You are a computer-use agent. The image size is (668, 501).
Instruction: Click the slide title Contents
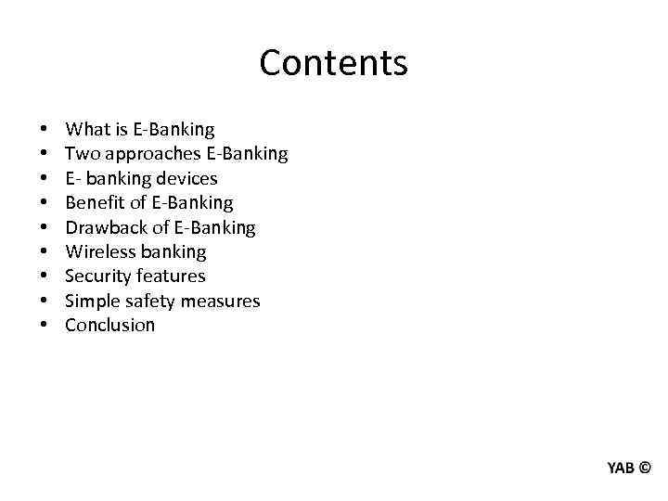333,63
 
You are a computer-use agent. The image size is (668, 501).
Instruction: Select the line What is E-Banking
139,130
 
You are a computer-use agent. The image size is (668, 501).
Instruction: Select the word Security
97,276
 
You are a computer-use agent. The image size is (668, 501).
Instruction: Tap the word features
171,276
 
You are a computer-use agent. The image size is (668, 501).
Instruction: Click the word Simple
91,301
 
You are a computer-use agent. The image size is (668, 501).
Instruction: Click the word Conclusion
109,325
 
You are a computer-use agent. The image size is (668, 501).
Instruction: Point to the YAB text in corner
621,468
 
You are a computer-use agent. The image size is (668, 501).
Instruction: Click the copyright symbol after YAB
645,468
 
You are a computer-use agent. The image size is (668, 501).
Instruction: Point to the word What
85,130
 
